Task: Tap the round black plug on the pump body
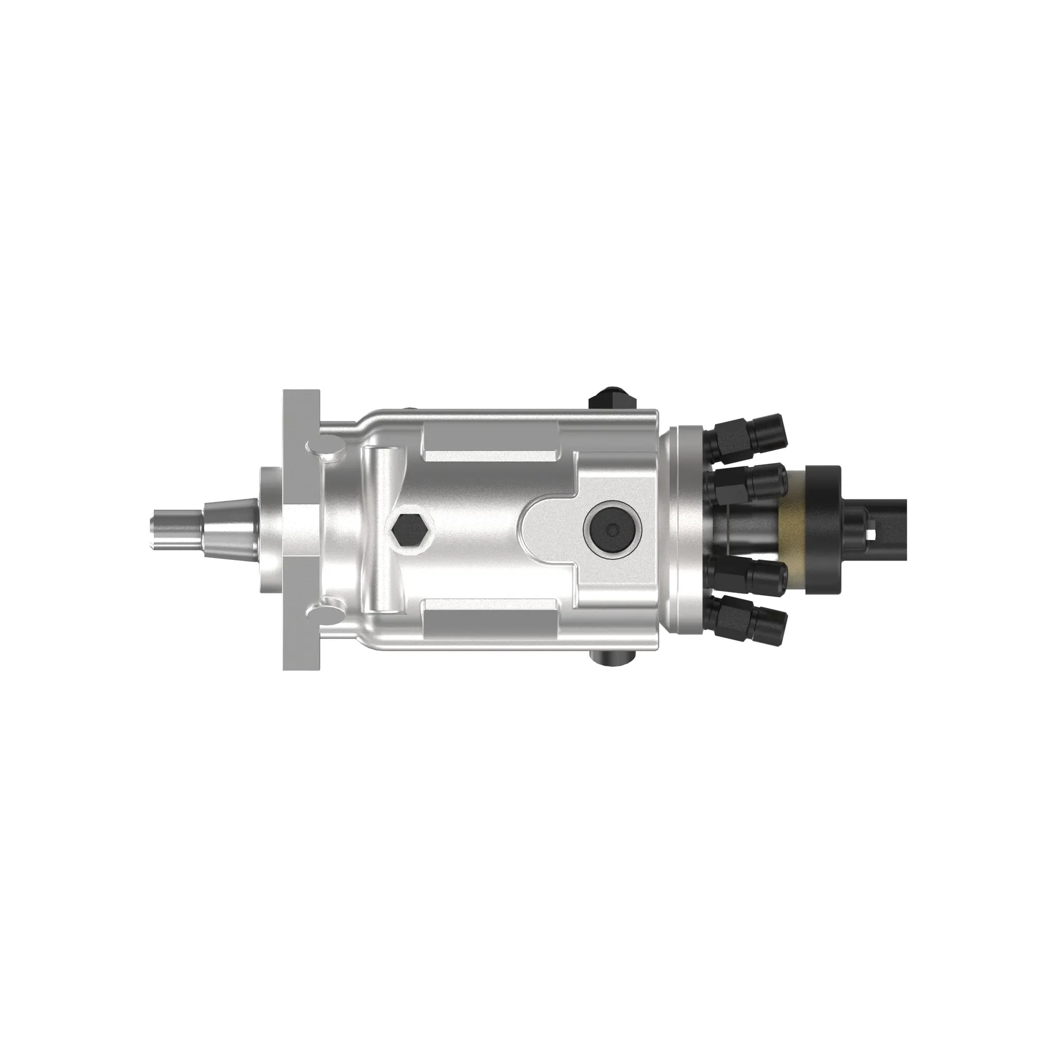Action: (x=612, y=528)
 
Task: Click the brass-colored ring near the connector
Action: (x=796, y=528)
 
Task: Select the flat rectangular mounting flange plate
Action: (x=301, y=528)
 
